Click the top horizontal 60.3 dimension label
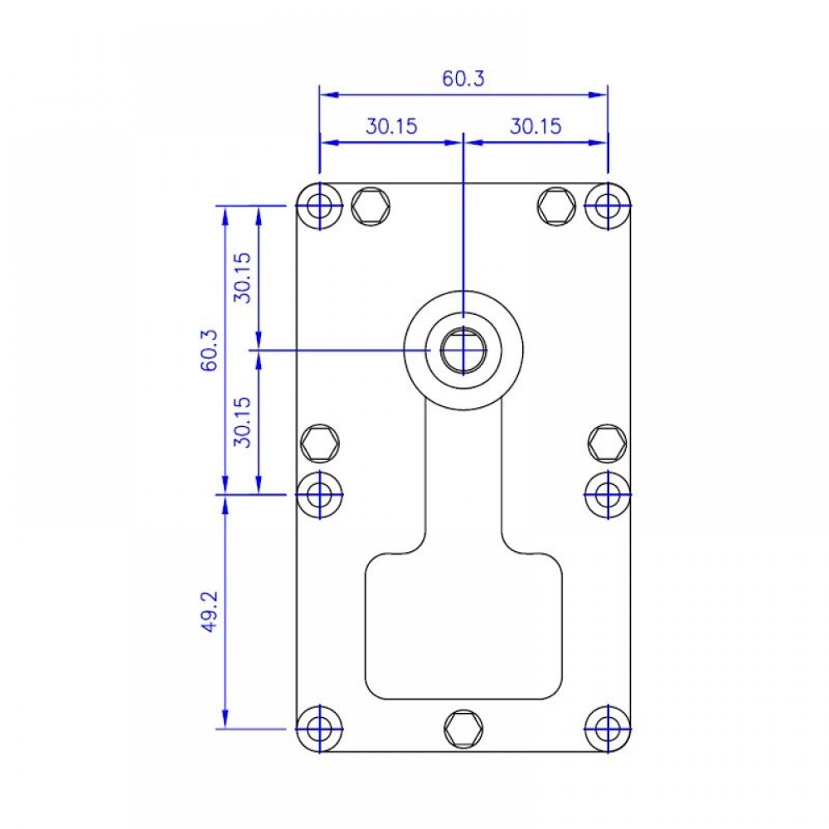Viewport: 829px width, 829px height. tap(463, 78)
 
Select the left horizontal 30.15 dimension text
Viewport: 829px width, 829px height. tap(391, 126)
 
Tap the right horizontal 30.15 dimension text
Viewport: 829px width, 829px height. tap(535, 126)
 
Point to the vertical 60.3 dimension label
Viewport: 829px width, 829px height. tap(210, 350)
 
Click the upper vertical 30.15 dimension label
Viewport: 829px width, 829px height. tap(242, 277)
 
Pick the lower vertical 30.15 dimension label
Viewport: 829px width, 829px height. tap(242, 422)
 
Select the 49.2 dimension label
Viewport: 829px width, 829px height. tap(210, 611)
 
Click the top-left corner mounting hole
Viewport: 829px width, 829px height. tap(319, 206)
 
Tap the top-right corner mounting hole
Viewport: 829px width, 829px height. tap(608, 206)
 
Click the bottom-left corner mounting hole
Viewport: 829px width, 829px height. tap(319, 729)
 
